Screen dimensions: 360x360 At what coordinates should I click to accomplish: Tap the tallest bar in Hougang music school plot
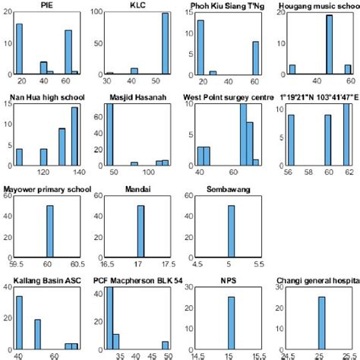pyautogui.click(x=329, y=45)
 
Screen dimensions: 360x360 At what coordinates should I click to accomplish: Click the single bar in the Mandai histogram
pyautogui.click(x=141, y=231)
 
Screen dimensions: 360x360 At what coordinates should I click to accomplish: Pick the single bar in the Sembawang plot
pyautogui.click(x=231, y=231)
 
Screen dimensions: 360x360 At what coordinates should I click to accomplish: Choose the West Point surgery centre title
pyautogui.click(x=230, y=97)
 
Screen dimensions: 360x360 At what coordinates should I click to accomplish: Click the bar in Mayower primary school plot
pyautogui.click(x=50, y=231)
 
